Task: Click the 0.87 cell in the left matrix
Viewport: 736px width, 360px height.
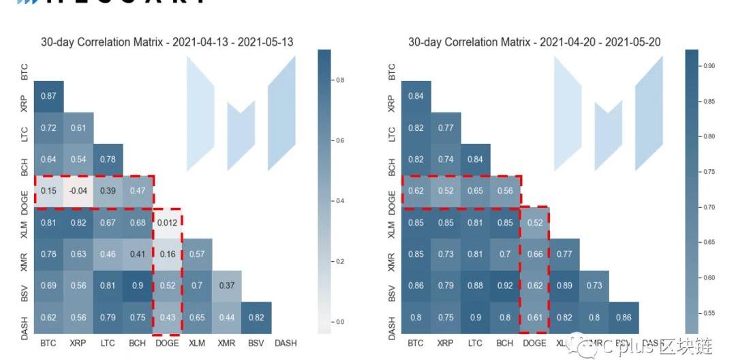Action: click(48, 96)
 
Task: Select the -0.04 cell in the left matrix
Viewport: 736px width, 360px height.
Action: click(78, 191)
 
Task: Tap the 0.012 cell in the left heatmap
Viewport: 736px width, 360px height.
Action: click(167, 222)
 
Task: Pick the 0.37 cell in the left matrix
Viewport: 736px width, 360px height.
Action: click(226, 286)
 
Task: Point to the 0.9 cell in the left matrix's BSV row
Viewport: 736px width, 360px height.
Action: click(138, 286)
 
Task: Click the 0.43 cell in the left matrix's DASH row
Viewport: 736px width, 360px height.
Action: click(167, 317)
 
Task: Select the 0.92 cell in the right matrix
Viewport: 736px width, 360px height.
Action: click(505, 286)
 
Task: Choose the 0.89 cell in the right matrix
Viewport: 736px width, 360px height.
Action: click(564, 286)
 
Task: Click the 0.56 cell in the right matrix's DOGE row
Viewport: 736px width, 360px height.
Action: click(505, 191)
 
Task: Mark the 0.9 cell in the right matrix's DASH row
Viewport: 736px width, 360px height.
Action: click(475, 317)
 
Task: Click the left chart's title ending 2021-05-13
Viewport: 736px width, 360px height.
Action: click(167, 42)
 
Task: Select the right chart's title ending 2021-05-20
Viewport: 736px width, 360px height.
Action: click(534, 42)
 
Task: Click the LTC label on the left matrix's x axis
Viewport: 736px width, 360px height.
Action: click(108, 343)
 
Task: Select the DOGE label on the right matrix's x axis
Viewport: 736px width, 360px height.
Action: click(534, 343)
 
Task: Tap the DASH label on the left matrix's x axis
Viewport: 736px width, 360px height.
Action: click(286, 343)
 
